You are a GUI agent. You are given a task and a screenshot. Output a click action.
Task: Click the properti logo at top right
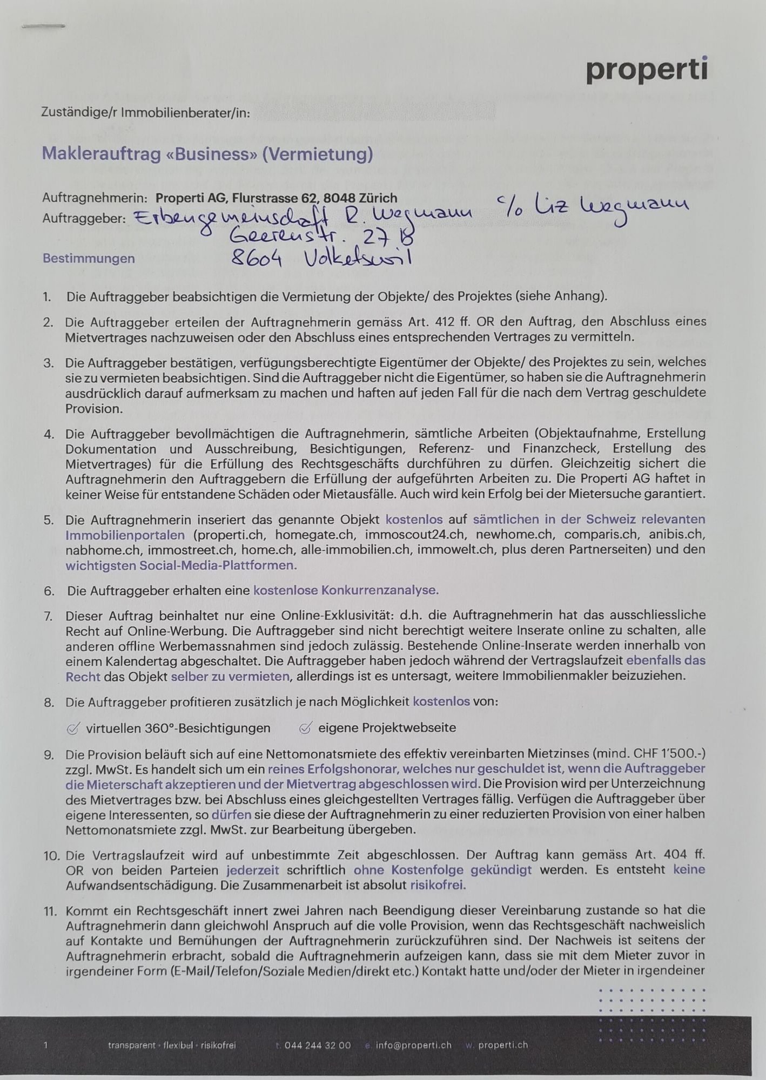click(647, 70)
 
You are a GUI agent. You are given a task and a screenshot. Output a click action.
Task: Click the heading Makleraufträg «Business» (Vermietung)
click(207, 154)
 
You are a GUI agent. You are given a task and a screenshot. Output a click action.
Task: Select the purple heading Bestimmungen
click(89, 258)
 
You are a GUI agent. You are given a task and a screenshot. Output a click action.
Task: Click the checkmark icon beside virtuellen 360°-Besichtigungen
click(73, 728)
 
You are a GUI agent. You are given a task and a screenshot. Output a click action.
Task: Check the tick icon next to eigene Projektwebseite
click(305, 728)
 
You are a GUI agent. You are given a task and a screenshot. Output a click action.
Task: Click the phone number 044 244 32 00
click(317, 1045)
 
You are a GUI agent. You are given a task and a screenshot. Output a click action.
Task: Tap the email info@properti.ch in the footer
click(413, 1045)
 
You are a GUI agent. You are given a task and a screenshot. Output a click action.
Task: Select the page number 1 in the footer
click(46, 1045)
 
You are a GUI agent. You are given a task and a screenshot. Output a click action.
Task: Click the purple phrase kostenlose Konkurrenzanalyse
click(346, 590)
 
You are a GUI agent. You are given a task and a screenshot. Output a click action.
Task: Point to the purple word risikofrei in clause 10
click(438, 885)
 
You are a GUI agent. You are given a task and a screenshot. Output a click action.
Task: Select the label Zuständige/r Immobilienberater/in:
click(146, 113)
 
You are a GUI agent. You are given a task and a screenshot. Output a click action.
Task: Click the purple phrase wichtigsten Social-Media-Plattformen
click(182, 566)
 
